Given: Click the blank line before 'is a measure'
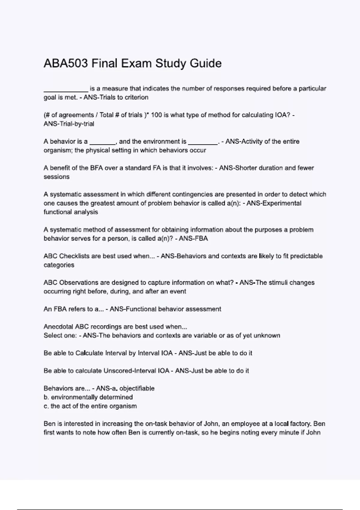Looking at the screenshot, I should (x=66, y=90).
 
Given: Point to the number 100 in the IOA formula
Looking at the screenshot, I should (x=157, y=115).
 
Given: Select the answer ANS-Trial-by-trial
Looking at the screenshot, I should (x=69, y=124).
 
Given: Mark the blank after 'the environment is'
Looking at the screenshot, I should (x=203, y=143).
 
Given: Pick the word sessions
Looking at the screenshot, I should (x=56, y=177).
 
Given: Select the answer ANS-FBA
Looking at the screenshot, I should (x=193, y=239).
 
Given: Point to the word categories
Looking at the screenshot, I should (x=59, y=265).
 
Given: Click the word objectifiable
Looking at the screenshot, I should (x=137, y=388).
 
